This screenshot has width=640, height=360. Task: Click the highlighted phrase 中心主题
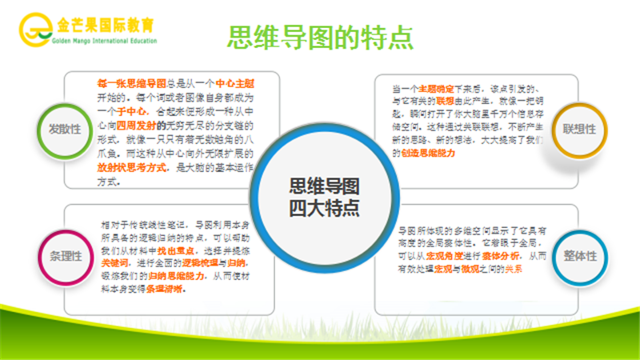(254, 82)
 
